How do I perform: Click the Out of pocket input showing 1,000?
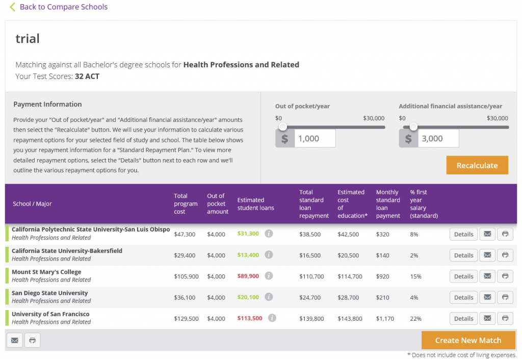[315, 138]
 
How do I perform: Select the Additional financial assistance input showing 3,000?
[438, 138]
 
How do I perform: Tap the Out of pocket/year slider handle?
[283, 127]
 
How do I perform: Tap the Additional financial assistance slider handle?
[413, 127]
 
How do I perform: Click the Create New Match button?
[468, 340]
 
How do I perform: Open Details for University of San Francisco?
[463, 318]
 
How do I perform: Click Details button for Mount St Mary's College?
[463, 276]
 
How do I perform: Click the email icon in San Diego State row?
[487, 297]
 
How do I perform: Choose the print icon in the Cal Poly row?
[505, 234]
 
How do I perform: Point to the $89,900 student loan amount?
[248, 276]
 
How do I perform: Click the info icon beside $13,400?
[269, 255]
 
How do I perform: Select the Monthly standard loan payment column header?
[388, 204]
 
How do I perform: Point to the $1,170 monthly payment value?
[385, 319]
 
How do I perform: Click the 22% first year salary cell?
[415, 319]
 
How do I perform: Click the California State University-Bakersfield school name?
[67, 251]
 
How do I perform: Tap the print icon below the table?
[32, 340]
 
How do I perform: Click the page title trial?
[28, 39]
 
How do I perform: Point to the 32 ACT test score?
[87, 76]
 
